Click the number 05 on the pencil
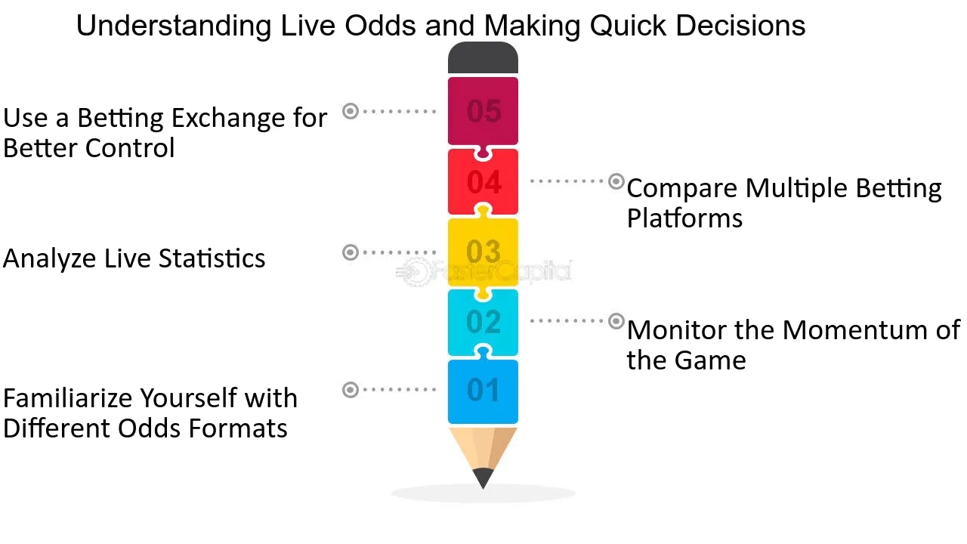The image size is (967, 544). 483,111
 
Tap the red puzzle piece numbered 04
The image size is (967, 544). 483,182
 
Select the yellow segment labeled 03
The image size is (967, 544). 483,252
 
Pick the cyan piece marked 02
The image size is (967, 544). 483,322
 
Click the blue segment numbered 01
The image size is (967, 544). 483,391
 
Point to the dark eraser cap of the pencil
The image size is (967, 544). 483,57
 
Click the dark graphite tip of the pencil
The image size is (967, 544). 483,478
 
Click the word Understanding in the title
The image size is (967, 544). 174,26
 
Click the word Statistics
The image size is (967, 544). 212,258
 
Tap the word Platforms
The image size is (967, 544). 684,218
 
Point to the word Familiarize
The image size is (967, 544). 67,397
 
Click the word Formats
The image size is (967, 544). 238,428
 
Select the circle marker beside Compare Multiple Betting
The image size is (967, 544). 616,181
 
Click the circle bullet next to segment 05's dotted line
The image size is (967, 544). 351,111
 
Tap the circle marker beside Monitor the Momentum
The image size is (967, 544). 616,321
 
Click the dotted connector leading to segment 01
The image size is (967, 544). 400,389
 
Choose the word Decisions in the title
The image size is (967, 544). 740,26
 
